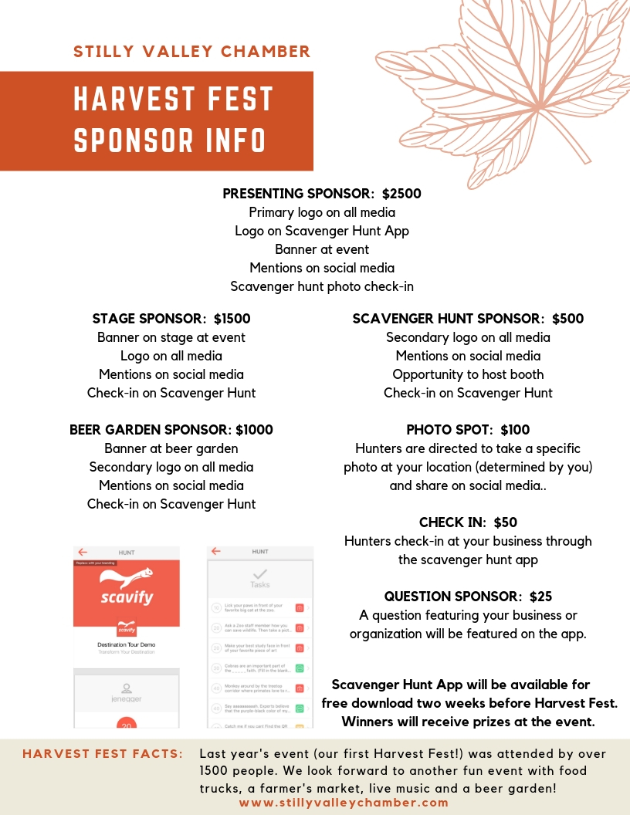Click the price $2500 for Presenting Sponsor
pyautogui.click(x=401, y=194)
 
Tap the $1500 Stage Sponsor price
pyautogui.click(x=232, y=319)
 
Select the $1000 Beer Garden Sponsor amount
pyautogui.click(x=254, y=430)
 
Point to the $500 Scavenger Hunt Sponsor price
pyautogui.click(x=567, y=319)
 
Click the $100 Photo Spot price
pyautogui.click(x=515, y=430)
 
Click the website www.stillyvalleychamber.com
pyautogui.click(x=344, y=803)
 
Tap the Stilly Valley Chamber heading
pyautogui.click(x=191, y=52)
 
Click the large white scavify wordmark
pyautogui.click(x=127, y=598)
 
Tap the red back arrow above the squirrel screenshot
pyautogui.click(x=83, y=552)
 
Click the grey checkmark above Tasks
pyautogui.click(x=260, y=573)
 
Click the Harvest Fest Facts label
pyautogui.click(x=103, y=754)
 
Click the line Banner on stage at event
pyautogui.click(x=171, y=337)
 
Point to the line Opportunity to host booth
pyautogui.click(x=468, y=374)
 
